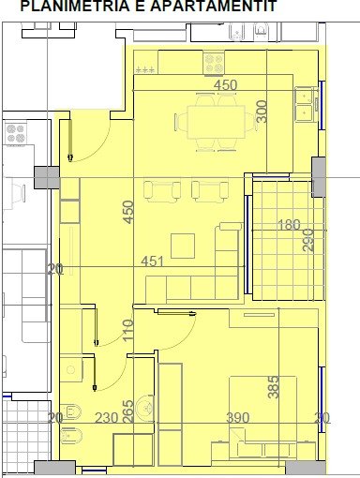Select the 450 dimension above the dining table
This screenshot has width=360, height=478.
click(x=226, y=85)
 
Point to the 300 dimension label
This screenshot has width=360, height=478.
click(x=262, y=112)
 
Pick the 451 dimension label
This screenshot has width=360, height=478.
click(x=154, y=261)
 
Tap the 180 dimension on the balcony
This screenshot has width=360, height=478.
click(x=289, y=225)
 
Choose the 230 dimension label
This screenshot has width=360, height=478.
click(x=105, y=418)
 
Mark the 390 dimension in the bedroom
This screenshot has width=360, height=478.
click(x=238, y=418)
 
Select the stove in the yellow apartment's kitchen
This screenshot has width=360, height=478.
click(x=214, y=64)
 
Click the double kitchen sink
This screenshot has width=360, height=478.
click(x=305, y=103)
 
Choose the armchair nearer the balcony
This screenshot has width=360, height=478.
click(x=208, y=190)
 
